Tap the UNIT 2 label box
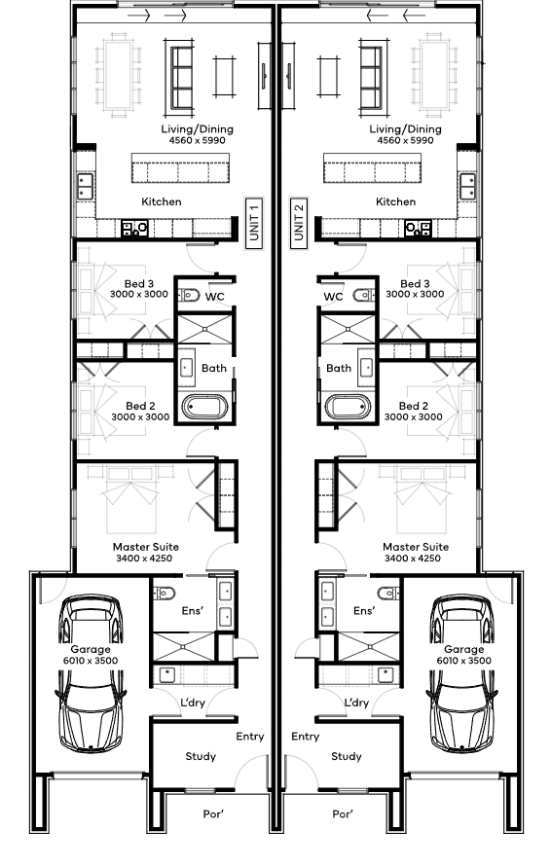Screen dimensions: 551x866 point(299,223)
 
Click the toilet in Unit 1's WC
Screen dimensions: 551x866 point(189,296)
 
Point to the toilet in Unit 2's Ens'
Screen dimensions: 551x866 point(388,594)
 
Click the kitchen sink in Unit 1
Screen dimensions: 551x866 point(85,186)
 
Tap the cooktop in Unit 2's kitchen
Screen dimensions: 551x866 point(418,228)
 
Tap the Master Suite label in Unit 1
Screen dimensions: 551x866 point(146,547)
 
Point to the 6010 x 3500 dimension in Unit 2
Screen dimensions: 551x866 point(464,661)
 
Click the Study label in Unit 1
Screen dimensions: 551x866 point(201,756)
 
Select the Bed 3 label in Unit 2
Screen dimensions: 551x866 point(415,284)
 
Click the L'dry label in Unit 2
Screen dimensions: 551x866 point(356,703)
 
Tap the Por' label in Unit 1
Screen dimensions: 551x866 point(213,814)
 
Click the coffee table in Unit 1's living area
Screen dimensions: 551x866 point(224,76)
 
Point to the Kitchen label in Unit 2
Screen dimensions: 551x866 point(395,201)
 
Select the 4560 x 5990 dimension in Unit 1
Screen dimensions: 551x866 point(198,140)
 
